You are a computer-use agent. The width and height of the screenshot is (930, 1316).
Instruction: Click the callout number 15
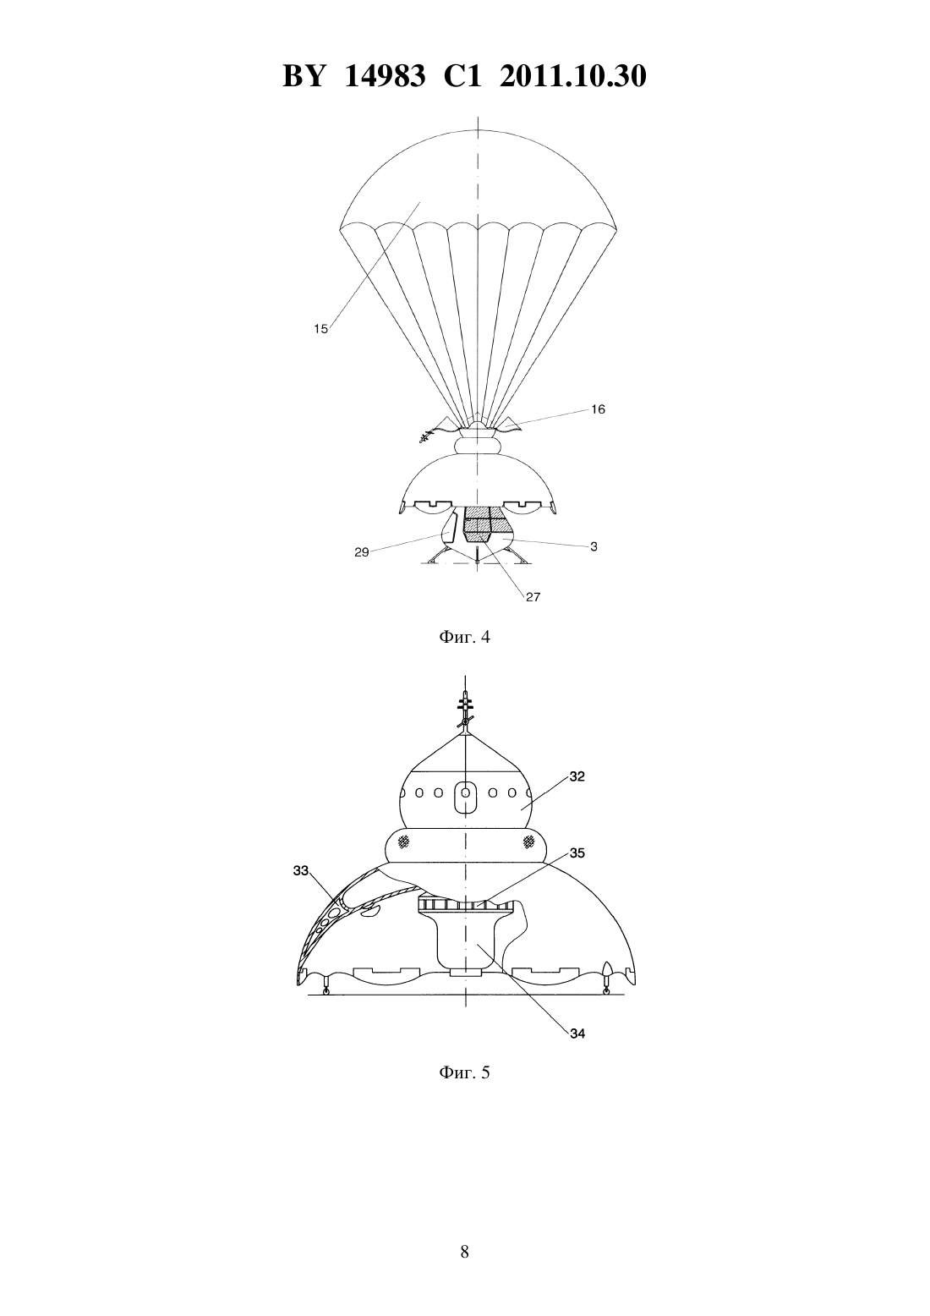click(320, 329)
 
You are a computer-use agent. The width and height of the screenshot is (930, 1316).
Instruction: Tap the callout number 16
click(598, 409)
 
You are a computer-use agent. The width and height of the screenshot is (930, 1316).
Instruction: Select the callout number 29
click(362, 552)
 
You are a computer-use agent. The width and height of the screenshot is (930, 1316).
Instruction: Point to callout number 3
click(594, 546)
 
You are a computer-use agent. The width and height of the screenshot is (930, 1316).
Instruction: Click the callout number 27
click(533, 597)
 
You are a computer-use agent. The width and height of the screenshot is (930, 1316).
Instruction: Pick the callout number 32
click(577, 776)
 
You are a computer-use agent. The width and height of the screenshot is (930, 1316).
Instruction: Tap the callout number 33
click(301, 870)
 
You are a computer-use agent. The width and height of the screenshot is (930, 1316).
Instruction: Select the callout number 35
click(577, 853)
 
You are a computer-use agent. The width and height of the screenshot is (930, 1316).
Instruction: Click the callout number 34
click(577, 1034)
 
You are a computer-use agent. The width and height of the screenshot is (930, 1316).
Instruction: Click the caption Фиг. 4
click(464, 637)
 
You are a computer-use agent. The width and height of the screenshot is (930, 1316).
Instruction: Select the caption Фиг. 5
click(464, 1072)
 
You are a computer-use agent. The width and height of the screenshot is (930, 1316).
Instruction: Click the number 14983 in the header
click(385, 76)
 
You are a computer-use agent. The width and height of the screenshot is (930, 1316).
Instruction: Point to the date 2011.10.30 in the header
click(573, 76)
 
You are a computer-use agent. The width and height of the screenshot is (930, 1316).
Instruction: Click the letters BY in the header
click(304, 76)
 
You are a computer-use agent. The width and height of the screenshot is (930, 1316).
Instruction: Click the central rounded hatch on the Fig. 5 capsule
click(466, 797)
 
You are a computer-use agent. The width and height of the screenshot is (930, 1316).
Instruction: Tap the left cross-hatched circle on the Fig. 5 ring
click(403, 842)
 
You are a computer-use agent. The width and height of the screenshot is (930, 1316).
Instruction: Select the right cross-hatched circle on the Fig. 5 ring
click(528, 842)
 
